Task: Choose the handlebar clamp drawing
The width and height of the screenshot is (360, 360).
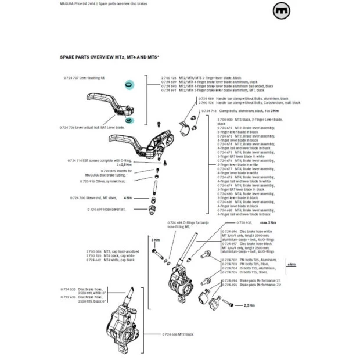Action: [185, 124]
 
